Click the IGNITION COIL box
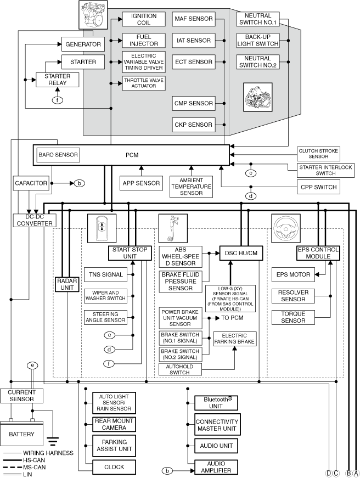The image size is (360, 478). coord(144,19)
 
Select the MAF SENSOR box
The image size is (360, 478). coord(194,19)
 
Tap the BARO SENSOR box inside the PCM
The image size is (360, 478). coord(58,155)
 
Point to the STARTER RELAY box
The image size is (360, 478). coord(57,80)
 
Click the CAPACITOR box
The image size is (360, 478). coord(31,183)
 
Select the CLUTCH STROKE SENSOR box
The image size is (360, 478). coord(318,154)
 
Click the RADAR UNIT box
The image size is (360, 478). coord(67,284)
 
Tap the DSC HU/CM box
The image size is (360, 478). coord(241,253)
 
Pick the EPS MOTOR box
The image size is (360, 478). coord(293,274)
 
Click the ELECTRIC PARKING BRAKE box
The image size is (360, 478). coord(234,339)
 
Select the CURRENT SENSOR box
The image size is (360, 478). coord(21,396)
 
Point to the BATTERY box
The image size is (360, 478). coord(21,434)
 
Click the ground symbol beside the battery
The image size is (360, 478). coord(53,441)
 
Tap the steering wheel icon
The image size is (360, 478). coord(286,228)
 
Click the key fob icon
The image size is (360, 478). coord(102,228)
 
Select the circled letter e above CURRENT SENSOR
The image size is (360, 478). coord(32,365)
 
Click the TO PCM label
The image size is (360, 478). coord(232,318)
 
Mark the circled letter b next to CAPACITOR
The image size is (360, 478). coord(79,183)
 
